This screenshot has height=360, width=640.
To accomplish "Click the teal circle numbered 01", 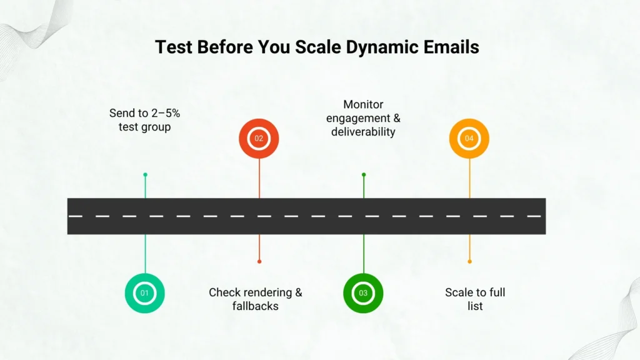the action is (x=145, y=293).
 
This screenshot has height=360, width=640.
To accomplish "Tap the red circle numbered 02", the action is (x=259, y=138).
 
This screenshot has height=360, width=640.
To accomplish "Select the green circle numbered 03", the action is (x=363, y=293).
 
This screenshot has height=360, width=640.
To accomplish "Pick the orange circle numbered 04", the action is (x=469, y=138).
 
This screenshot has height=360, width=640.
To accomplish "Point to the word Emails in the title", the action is (x=451, y=47).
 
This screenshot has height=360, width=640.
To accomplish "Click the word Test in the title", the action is (x=174, y=47).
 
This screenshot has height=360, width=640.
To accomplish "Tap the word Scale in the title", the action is (x=318, y=47).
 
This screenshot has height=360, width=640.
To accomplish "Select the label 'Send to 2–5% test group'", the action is (x=144, y=120).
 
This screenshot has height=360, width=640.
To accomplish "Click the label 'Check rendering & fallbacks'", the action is (x=256, y=299).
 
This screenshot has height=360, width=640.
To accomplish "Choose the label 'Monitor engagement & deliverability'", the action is (x=363, y=118).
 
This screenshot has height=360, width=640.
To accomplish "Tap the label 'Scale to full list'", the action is (x=475, y=299).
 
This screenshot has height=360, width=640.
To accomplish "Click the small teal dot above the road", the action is (x=145, y=175).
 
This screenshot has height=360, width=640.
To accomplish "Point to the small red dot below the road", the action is (x=259, y=261).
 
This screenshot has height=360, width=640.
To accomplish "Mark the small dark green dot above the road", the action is (x=364, y=175).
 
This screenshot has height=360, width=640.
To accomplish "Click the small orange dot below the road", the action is (x=469, y=261).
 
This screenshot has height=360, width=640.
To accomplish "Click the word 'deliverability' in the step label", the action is (x=363, y=132).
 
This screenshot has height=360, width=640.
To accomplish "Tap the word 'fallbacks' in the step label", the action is (x=256, y=306).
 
